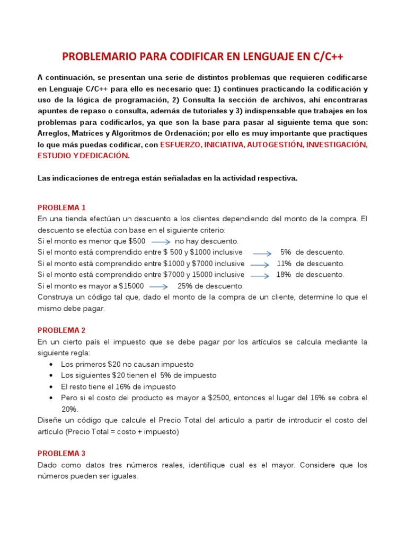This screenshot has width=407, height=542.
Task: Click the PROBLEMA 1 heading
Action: click(x=61, y=207)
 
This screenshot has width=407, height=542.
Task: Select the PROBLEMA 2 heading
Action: click(x=61, y=330)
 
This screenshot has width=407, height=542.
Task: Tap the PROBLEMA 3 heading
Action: click(x=61, y=453)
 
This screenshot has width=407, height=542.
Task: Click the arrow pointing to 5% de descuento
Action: click(x=261, y=253)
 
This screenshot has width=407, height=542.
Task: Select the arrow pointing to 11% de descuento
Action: click(x=260, y=264)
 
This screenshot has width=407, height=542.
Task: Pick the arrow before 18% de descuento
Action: click(x=260, y=275)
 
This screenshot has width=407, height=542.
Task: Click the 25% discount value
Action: click(x=185, y=286)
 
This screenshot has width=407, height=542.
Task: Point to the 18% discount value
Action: click(x=284, y=275)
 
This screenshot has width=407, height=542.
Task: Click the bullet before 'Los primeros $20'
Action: click(x=50, y=364)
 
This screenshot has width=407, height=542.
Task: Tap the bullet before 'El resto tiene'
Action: click(x=50, y=386)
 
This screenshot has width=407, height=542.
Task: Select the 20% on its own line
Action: click(x=69, y=409)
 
